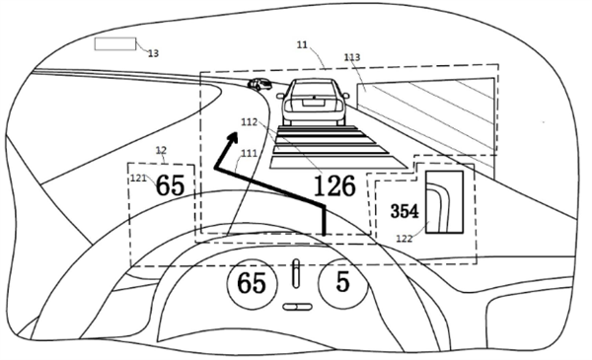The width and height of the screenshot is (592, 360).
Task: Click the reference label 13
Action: (153, 53)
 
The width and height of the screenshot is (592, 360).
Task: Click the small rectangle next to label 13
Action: (115, 43)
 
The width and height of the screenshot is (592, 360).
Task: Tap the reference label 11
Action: (302, 45)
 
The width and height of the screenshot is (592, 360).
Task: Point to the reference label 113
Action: (352, 57)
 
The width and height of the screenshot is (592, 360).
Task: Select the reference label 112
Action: (250, 122)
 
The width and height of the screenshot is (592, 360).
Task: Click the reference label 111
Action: (249, 153)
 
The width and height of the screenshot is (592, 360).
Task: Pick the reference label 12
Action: (161, 150)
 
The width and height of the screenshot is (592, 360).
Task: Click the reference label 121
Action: (138, 178)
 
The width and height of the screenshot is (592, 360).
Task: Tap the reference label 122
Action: (404, 239)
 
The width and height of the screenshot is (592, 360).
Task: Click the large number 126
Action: (334, 185)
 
